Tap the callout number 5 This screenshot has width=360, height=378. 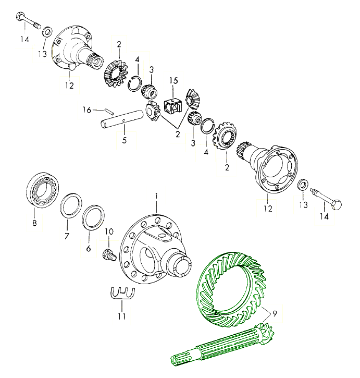[x=124, y=140]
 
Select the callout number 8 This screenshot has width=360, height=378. [x=35, y=224]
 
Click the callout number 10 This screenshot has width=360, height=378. [x=109, y=231]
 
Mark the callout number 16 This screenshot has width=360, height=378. [x=87, y=109]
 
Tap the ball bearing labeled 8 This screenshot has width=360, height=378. [x=42, y=191]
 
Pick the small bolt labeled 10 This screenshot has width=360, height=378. [x=108, y=255]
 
